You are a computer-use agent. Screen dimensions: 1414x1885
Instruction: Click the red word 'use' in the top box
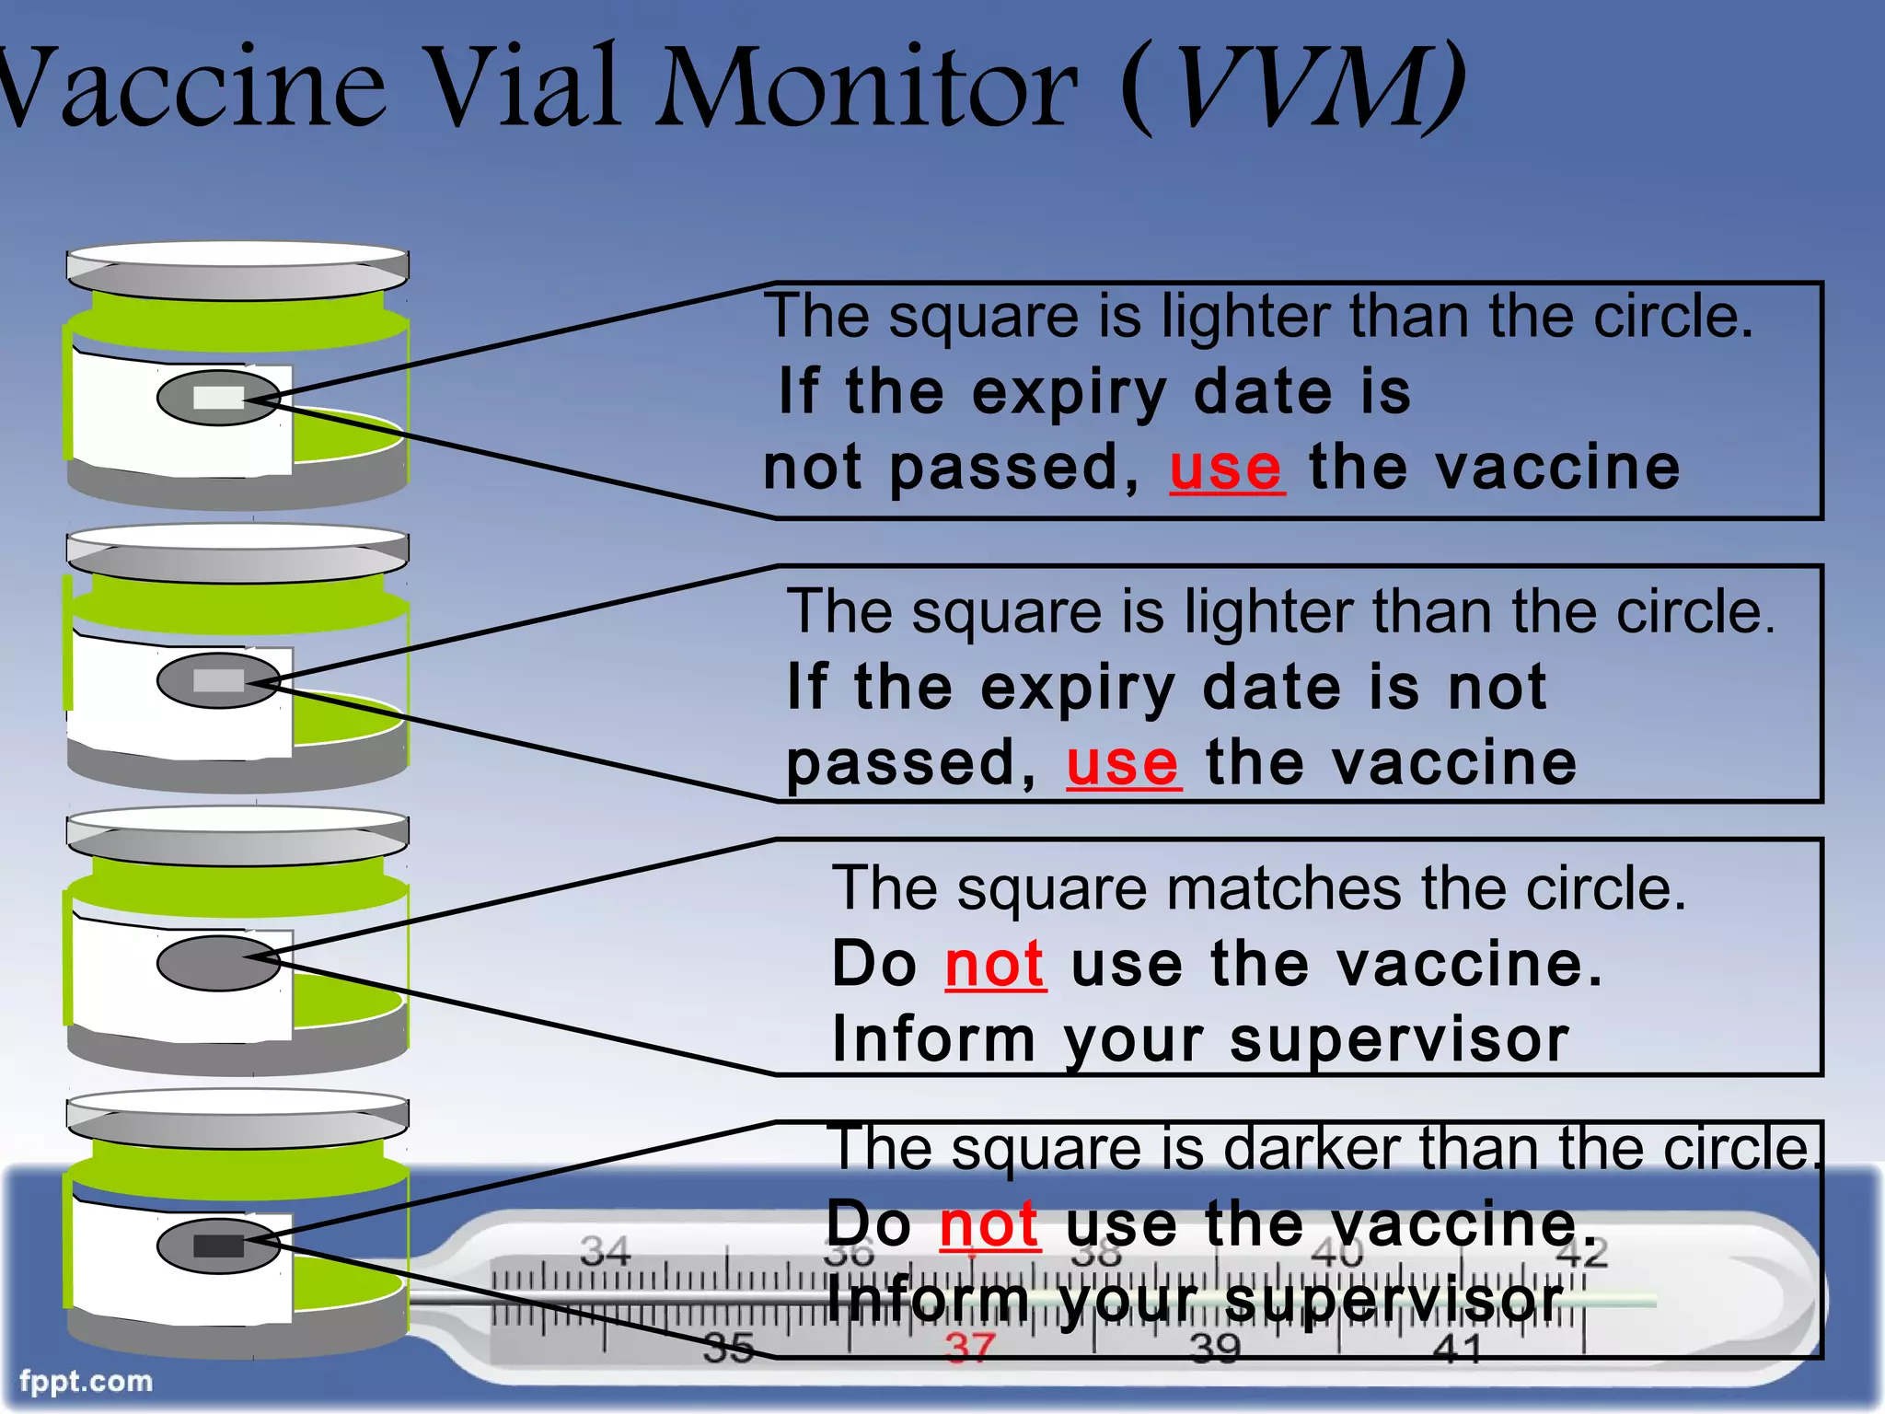tap(1226, 469)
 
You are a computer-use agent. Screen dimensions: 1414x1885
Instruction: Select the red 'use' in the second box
tap(1123, 764)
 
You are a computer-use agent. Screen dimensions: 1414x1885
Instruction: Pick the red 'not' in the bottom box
tap(989, 1225)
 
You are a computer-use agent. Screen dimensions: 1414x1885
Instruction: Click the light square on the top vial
tap(219, 398)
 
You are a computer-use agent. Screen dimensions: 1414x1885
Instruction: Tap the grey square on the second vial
tap(219, 680)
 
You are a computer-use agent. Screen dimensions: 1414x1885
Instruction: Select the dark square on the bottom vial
tap(219, 1246)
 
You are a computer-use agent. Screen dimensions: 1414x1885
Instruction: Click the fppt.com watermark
tap(87, 1381)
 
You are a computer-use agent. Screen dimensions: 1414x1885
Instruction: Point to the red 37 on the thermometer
tap(970, 1348)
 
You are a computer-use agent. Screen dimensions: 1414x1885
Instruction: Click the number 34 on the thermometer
tap(605, 1251)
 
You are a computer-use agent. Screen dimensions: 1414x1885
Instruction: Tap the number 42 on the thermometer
tap(1582, 1253)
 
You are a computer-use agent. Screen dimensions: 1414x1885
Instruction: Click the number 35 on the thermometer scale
tap(728, 1349)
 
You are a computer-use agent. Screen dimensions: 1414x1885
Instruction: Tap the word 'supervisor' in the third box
tap(1399, 1040)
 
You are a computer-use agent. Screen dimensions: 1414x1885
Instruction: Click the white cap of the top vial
tap(237, 255)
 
